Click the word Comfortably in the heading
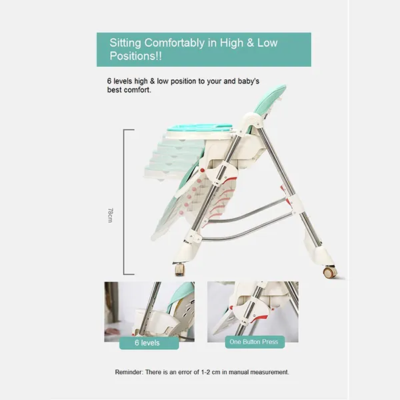pos(175,43)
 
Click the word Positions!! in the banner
pos(136,56)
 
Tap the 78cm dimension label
pos(110,215)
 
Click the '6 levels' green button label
pos(147,343)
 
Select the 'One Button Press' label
pos(253,342)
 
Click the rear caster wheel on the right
pos(329,272)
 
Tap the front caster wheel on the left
pos(179,269)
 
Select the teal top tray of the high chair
pos(200,127)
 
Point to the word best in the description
pos(114,90)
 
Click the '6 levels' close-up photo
pos(149,311)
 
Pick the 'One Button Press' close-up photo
pos(253,311)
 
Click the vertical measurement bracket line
pos(124,202)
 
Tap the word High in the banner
pos(231,43)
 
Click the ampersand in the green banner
pos(250,43)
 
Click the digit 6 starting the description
pos(109,81)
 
